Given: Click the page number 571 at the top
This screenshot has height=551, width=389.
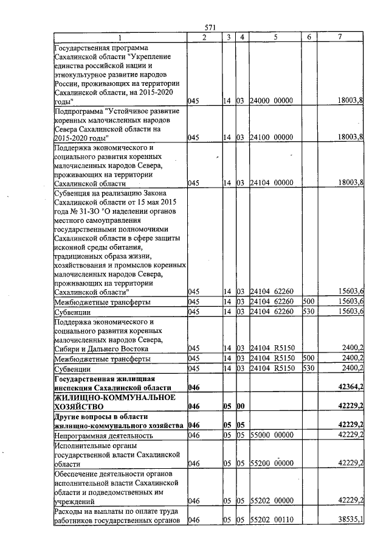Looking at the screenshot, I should coord(210,27).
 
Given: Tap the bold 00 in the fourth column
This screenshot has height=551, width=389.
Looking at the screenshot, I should coord(241,405).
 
